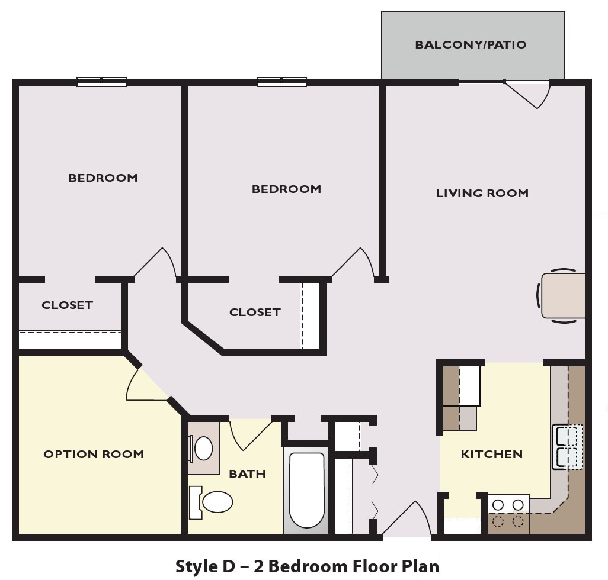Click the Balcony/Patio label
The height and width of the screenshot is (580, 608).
click(471, 45)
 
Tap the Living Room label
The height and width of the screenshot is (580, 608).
click(482, 194)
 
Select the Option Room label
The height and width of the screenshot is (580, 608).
click(94, 455)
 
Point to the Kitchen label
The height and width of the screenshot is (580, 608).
click(492, 455)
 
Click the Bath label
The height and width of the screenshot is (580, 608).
click(247, 474)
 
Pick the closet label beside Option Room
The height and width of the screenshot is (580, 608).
click(67, 305)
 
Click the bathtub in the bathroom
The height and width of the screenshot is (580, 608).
click(306, 489)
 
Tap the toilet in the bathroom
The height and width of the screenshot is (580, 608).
click(213, 502)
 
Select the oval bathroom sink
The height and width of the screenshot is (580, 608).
click(203, 449)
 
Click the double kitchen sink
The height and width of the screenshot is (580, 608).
click(567, 447)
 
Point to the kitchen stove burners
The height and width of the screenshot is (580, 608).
click(508, 513)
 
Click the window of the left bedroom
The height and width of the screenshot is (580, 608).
click(101, 82)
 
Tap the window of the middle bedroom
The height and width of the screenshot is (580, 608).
click(281, 82)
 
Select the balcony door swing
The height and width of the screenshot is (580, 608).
click(530, 93)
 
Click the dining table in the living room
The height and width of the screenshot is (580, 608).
click(563, 297)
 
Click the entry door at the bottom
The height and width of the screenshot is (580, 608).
click(409, 521)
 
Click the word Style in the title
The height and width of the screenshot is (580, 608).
click(196, 566)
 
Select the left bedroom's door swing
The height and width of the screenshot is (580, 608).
click(156, 264)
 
